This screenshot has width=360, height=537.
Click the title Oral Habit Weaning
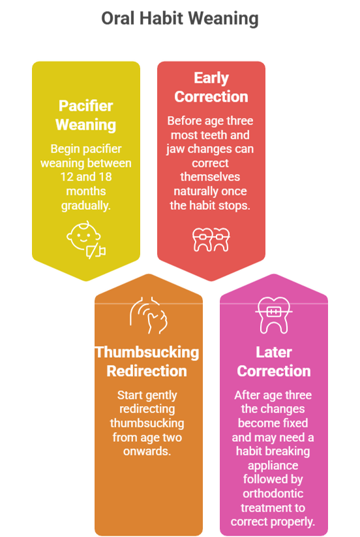pos(180,18)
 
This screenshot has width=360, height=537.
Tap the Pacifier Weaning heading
pos(85,115)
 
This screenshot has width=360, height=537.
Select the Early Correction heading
pos(211,87)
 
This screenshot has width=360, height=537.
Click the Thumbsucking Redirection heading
pos(147,362)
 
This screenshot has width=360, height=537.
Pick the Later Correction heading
pos(274,362)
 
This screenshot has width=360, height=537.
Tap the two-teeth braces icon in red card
pos(211,240)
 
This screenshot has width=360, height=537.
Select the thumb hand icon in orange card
pos(149,315)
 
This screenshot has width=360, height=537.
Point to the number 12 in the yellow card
pos(67,177)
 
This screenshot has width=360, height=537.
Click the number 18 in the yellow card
pos(105,177)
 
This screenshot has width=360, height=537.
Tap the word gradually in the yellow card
pos(85,205)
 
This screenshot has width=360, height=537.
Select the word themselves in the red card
pos(210,177)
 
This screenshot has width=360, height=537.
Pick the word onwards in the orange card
pos(147,452)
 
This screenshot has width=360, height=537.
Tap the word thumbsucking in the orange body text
pos(147,423)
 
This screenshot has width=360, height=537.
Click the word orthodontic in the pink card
pos(273,493)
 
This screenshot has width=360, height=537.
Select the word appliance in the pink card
pos(273,465)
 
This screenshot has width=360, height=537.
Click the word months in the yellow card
pos(85,191)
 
